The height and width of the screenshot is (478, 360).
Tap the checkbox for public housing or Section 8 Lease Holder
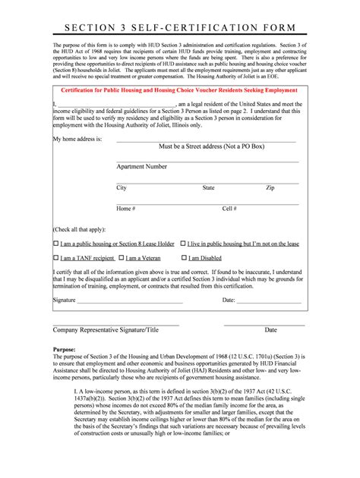tap(55, 244)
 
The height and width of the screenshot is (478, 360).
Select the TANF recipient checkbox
tap(55, 258)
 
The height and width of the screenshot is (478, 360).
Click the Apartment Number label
tap(141, 166)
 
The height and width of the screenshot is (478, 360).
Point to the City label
tap(122, 187)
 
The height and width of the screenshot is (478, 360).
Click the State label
tap(208, 187)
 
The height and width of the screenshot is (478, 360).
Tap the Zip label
tap(270, 187)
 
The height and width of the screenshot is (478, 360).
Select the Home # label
tap(125, 208)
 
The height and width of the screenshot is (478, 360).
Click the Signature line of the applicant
tap(144, 300)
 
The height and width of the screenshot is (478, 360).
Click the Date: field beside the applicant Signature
tap(270, 300)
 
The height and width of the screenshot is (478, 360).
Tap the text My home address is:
tap(77, 140)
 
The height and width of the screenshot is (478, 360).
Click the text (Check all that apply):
tap(79, 229)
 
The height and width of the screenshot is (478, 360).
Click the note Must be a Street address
tap(207, 146)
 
